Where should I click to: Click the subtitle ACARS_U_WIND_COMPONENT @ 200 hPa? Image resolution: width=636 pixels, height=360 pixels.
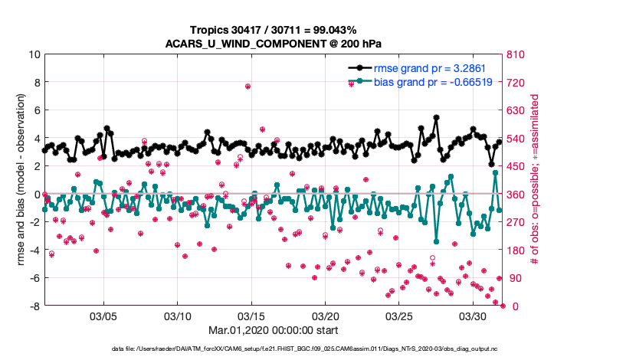(274, 43)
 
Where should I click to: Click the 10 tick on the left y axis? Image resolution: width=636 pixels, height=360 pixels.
(34, 54)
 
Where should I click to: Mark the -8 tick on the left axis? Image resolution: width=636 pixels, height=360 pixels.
(34, 306)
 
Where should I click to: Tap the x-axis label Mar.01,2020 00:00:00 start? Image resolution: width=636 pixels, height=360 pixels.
(274, 332)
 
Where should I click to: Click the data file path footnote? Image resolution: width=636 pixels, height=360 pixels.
(317, 349)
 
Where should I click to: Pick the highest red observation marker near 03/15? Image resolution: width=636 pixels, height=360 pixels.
(248, 87)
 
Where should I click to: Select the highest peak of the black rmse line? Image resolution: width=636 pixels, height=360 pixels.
(436, 118)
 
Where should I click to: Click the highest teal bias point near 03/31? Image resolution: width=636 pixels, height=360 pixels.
(496, 173)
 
